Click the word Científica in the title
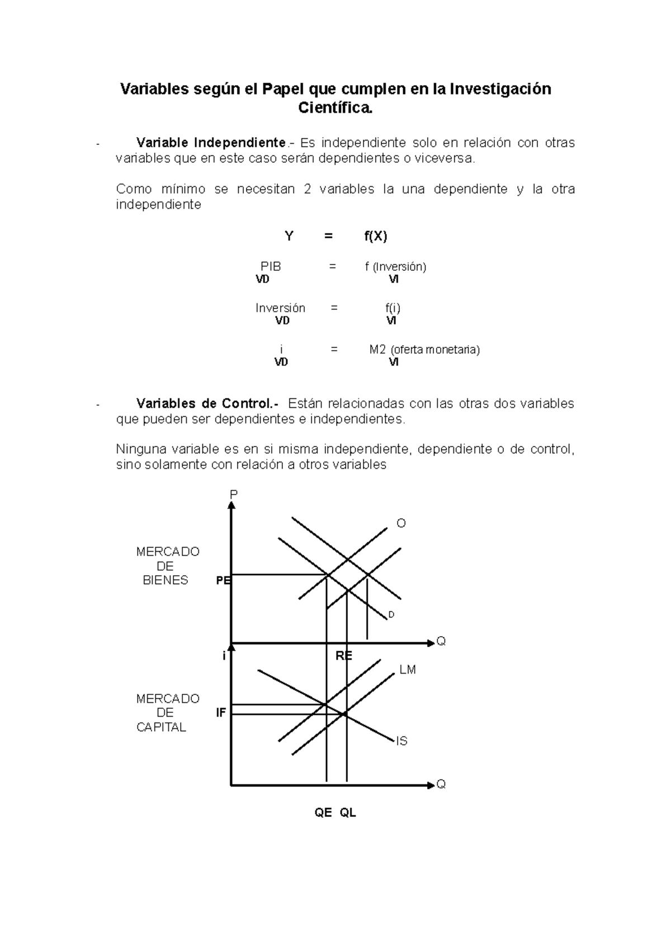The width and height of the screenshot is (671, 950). pos(335,108)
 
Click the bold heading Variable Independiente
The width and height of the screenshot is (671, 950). pos(211,143)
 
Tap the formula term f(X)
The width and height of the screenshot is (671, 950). pos(376,236)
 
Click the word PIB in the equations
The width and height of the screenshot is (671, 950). pos(271,266)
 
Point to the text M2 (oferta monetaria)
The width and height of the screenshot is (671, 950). pos(424,350)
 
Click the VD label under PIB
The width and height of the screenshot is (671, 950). pos(262,279)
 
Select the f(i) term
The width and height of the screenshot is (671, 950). pos(393,308)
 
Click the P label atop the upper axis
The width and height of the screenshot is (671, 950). pos(234,494)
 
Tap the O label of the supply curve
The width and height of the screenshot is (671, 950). pos(401,524)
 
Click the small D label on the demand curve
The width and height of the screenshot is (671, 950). pos(391,615)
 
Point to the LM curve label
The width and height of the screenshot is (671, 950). pos(408,670)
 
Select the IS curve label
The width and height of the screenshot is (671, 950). pos(401,741)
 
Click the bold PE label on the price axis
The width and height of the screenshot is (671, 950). pos(223,581)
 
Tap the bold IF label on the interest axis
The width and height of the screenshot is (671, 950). pos(221,713)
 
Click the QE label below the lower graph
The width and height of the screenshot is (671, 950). pos(323,813)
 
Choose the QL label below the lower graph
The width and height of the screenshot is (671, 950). pos(348,813)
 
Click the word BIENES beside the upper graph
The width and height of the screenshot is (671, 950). pos(166,580)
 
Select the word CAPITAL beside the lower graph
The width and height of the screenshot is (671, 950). pos(161,727)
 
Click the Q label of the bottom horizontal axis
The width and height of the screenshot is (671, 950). pos(441,784)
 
